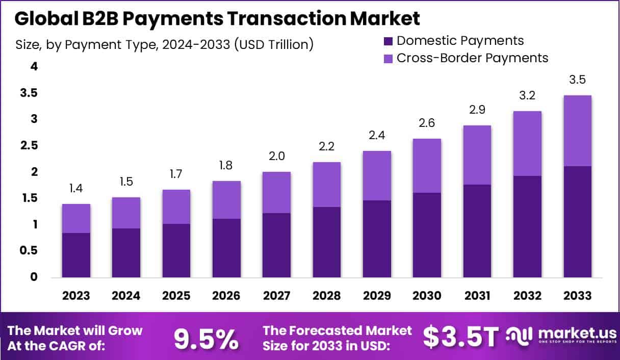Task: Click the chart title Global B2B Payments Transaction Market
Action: point(217,18)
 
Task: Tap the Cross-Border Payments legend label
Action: point(472,58)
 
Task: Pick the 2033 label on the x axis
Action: point(577,296)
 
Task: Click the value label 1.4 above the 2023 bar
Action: point(76,189)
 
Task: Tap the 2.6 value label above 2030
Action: point(427,123)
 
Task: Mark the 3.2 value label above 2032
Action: point(527,95)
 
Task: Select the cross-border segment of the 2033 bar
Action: point(577,131)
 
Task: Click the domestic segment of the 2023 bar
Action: point(76,255)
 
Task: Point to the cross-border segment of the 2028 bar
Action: point(327,185)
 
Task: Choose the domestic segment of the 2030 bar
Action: point(427,235)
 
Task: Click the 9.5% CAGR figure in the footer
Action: point(206,338)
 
